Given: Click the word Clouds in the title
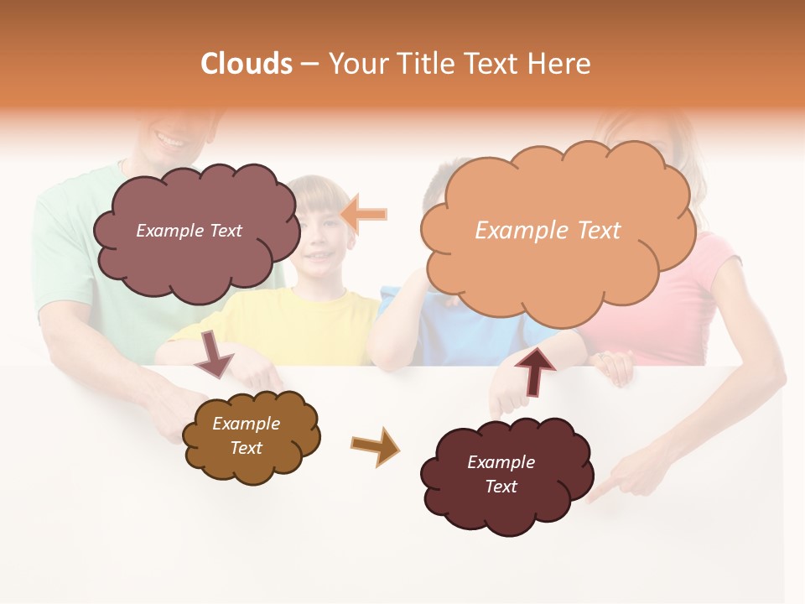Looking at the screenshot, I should click(247, 64).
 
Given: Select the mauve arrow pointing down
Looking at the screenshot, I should click(214, 353).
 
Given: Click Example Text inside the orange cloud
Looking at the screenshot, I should click(548, 231).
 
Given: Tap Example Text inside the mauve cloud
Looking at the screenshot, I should click(189, 231).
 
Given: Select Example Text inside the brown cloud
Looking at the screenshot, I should click(246, 435).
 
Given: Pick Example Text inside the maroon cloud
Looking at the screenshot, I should click(501, 474).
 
